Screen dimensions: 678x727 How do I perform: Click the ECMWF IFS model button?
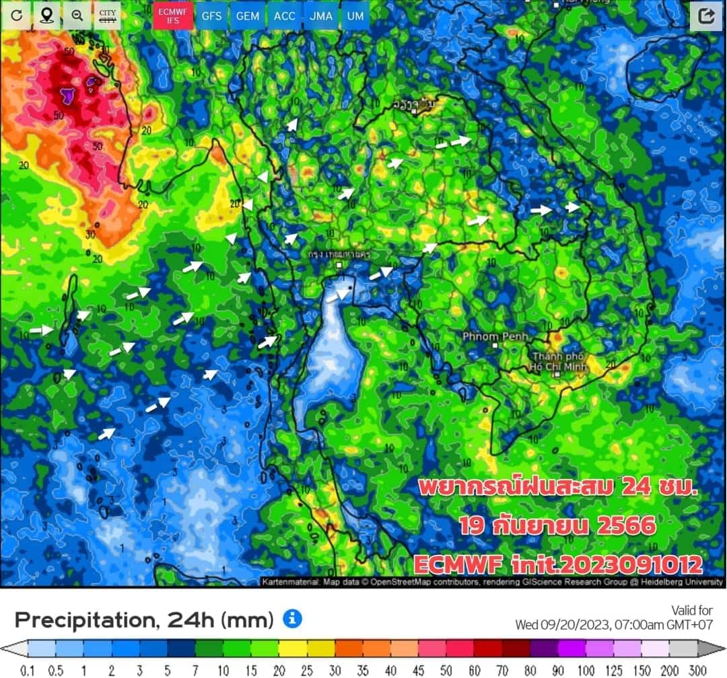(173, 15)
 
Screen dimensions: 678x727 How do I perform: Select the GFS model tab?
(211, 15)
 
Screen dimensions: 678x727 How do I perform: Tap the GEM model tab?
(248, 15)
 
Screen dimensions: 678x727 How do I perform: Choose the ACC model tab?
(285, 15)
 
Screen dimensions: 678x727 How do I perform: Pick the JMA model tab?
(321, 15)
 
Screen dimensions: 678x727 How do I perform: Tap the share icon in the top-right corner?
(706, 16)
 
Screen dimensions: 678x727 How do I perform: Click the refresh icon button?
(16, 15)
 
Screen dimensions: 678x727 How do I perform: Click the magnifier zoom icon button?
(77, 15)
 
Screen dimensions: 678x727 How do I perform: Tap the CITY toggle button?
(106, 15)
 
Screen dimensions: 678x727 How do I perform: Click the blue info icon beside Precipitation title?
(291, 618)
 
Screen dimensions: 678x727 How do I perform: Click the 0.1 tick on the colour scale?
(28, 670)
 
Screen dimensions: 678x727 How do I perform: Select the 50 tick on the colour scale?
(446, 670)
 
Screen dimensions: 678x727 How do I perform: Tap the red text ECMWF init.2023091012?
(557, 564)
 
